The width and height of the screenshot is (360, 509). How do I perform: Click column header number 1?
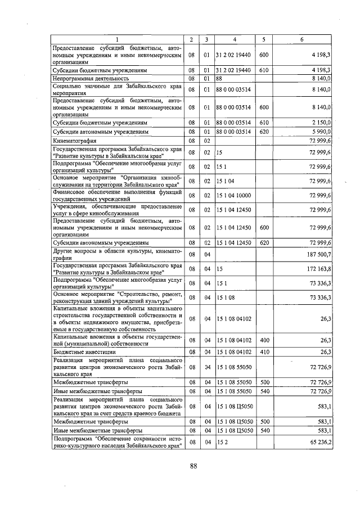[118, 39]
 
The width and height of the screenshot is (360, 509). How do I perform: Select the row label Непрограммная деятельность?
[88, 79]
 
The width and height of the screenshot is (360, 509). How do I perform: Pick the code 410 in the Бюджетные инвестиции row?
[264, 352]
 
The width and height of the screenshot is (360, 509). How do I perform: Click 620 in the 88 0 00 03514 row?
[264, 131]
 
